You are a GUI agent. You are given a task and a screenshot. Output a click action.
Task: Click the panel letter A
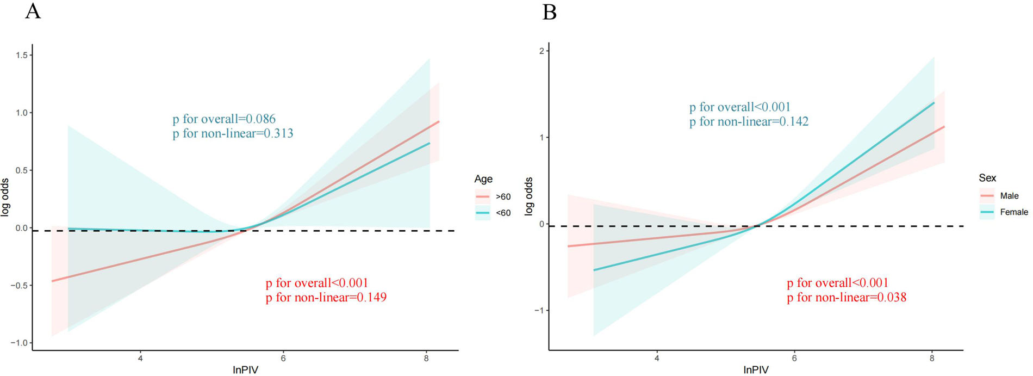coord(33,11)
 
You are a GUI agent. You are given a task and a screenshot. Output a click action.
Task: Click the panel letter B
coord(549,11)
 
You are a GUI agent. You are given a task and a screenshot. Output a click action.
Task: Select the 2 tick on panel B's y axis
coord(541,51)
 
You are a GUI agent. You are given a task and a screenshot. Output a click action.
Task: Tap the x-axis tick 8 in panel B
coord(931,359)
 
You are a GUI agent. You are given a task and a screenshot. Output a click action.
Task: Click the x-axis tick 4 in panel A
coord(140,359)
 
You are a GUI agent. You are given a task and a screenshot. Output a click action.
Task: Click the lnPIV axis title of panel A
coord(245,370)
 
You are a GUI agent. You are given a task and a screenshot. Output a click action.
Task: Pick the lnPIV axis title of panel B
coord(756,370)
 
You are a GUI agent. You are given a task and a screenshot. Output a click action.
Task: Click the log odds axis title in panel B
coord(528,196)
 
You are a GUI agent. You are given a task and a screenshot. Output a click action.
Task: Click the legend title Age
coord(483,179)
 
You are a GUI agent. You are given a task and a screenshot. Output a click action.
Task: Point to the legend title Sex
coord(987,178)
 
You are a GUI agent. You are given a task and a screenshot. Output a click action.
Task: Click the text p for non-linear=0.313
coord(233,133)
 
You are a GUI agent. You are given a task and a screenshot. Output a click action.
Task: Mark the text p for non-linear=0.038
coord(847,298)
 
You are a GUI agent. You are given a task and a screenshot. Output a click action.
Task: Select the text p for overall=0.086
coord(224,119)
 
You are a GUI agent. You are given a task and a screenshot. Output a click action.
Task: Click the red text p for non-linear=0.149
coord(326,298)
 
